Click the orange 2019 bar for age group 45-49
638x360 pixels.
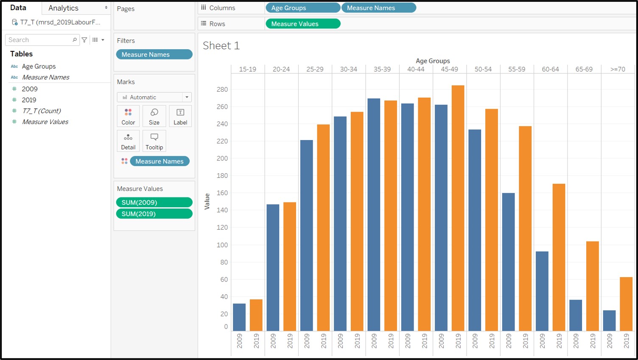458,208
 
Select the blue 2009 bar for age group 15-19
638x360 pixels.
239,317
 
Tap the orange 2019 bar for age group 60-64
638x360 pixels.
559,257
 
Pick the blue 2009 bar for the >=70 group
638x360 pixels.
609,321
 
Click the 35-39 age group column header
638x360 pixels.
382,69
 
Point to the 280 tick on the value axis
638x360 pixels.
222,90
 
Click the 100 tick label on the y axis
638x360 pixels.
222,245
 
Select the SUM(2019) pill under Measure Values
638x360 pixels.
154,214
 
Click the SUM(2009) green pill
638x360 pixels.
154,202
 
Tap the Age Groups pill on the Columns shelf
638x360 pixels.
302,8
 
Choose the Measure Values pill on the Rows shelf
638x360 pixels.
302,24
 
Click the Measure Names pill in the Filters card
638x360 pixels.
154,54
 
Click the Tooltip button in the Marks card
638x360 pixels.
154,141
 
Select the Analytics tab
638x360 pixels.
64,8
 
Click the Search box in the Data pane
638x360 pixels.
39,40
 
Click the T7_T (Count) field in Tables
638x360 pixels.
42,111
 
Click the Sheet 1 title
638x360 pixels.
221,46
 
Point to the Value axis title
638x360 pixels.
207,201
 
